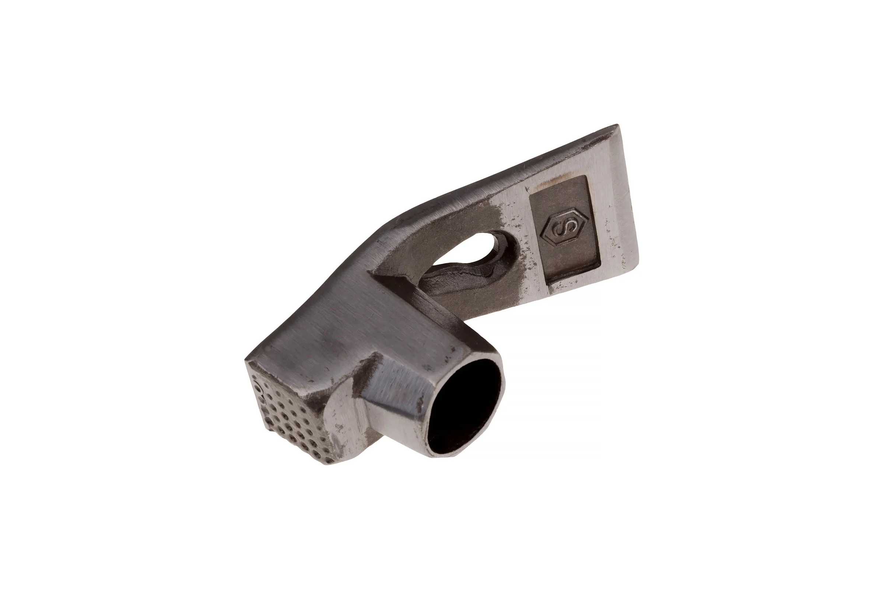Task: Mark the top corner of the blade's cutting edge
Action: [618, 124]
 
